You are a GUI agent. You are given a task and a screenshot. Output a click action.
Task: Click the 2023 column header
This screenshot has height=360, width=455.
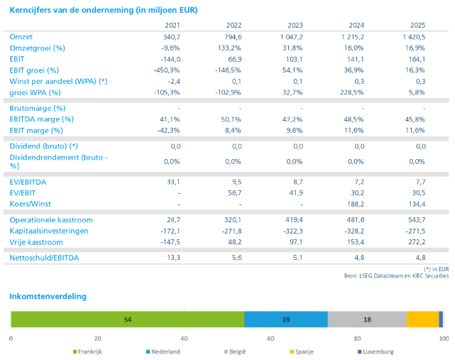pos(295,26)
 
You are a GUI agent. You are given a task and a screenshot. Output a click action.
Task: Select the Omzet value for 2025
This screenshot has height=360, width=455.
pos(414,37)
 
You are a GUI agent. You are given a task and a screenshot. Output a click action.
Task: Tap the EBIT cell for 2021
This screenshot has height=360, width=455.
pos(170,59)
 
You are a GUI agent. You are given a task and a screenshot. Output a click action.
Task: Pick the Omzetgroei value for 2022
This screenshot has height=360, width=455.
pos(229,48)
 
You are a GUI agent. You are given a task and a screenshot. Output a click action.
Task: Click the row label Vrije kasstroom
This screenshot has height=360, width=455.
pos(36,242)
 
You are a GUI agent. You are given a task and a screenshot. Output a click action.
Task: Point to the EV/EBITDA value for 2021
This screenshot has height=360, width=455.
pos(173,182)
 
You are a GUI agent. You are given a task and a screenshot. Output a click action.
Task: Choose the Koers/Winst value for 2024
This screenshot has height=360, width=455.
pos(356,204)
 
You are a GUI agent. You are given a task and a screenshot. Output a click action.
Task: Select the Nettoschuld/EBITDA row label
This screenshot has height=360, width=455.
pos(44,258)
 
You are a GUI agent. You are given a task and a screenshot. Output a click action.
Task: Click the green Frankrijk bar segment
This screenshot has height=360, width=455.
pos(128,320)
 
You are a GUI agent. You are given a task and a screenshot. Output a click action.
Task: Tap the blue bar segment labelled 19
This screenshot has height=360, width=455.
pos(286,320)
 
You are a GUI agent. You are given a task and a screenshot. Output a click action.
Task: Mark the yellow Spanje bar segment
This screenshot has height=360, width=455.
pos(423,320)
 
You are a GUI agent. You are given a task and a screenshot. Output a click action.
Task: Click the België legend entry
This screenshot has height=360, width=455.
pos(235,351)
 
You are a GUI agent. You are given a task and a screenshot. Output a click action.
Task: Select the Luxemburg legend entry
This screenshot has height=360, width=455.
pos(375,351)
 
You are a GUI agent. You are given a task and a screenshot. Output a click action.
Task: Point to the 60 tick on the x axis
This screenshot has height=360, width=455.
pos(270,339)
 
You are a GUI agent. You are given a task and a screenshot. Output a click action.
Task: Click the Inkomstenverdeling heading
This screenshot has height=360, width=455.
pos(48,296)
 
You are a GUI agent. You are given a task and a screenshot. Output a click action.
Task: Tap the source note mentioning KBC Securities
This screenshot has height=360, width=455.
pos(396,276)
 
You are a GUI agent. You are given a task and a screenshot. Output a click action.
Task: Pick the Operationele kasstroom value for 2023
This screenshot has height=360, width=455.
pos(294,220)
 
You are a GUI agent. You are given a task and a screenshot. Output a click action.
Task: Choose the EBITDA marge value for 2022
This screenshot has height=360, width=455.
pos(231,119)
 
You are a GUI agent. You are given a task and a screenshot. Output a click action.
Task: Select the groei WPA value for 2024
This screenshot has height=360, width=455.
pos(352,92)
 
